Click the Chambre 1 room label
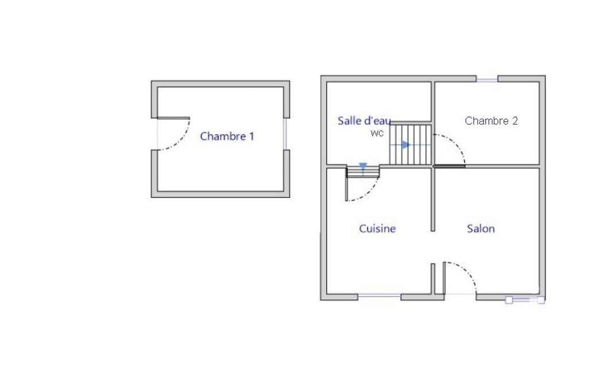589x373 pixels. [x=227, y=136]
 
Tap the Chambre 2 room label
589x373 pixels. [x=491, y=121]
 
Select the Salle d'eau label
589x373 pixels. [x=364, y=121]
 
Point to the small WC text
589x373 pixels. [x=377, y=133]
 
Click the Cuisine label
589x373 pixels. [x=377, y=228]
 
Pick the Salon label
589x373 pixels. [x=481, y=228]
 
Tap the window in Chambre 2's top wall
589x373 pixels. [x=487, y=80]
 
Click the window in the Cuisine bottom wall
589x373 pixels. [x=379, y=297]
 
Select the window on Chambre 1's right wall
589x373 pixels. [x=286, y=134]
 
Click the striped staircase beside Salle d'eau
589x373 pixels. [x=410, y=145]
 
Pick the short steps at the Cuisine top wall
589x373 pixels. [x=363, y=172]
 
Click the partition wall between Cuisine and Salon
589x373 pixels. [x=433, y=199]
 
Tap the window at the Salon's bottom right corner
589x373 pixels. [x=525, y=300]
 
